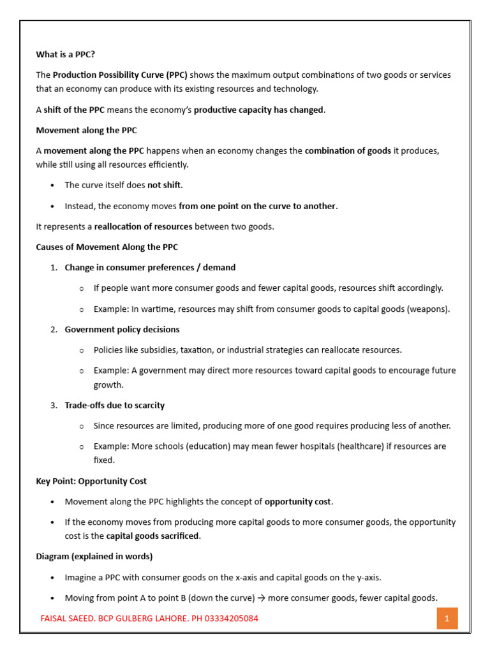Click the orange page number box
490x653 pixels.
[x=447, y=618]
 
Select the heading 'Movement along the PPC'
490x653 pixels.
[x=86, y=130]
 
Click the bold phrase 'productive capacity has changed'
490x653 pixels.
[x=258, y=110]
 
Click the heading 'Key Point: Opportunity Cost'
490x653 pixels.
[x=91, y=481]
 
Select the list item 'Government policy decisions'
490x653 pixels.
[x=122, y=330]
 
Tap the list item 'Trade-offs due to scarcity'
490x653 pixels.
[x=114, y=405]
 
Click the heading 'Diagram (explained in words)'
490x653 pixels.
[x=94, y=556]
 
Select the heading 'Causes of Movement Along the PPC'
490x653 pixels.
[x=107, y=247]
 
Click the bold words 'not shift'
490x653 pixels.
[x=164, y=185]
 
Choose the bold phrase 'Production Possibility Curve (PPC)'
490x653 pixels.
[x=120, y=75]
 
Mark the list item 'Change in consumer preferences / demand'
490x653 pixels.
[x=150, y=267]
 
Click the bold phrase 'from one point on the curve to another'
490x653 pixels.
[x=257, y=206]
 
